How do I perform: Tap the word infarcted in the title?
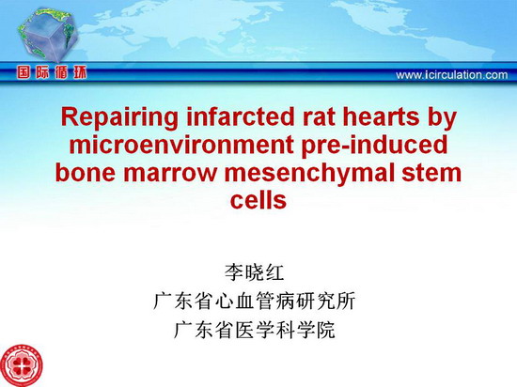click(240, 116)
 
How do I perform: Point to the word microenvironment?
click(181, 145)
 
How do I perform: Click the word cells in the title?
click(258, 199)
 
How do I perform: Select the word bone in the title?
click(86, 172)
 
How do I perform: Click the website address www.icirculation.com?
click(452, 75)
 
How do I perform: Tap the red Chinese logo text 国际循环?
click(52, 72)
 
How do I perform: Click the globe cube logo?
click(48, 35)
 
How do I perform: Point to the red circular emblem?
click(21, 365)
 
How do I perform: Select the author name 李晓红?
click(254, 272)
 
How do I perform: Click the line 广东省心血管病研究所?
click(254, 301)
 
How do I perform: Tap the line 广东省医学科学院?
click(254, 330)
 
